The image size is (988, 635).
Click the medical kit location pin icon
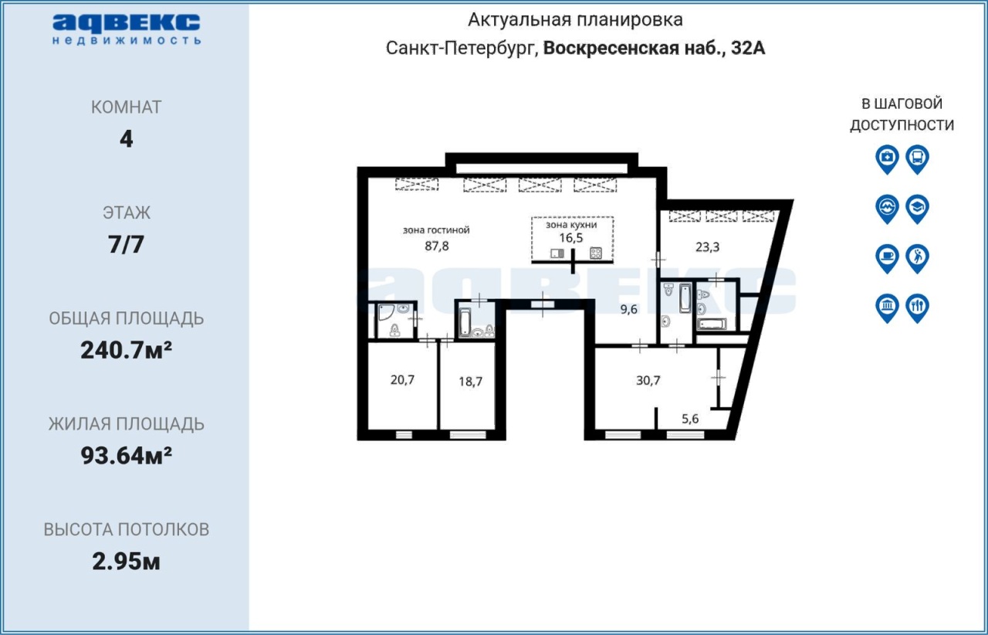(887, 159)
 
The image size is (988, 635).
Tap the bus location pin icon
(918, 159)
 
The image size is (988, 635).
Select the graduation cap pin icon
(918, 209)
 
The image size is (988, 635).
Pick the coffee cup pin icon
(887, 258)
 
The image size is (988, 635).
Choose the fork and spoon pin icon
(918, 307)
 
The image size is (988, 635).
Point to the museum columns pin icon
(887, 307)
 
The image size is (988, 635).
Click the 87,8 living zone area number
(437, 246)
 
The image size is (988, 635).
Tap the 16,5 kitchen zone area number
(571, 238)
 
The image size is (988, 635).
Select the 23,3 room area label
(708, 247)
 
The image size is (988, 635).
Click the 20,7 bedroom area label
(402, 380)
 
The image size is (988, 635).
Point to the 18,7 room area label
(471, 381)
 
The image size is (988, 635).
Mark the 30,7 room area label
(648, 380)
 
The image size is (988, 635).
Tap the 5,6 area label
(690, 419)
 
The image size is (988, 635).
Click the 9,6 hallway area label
(629, 309)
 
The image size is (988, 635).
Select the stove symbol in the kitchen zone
(596, 253)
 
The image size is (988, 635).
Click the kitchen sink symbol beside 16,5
(557, 253)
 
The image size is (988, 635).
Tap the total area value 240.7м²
(126, 350)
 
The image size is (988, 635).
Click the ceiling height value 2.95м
(126, 562)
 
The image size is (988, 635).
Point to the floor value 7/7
(126, 245)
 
